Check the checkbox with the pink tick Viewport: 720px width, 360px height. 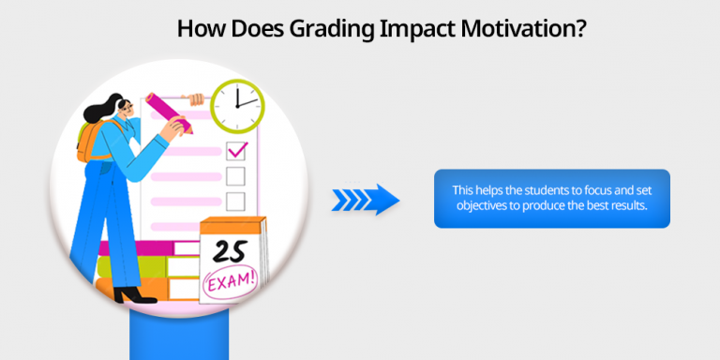pos(236,150)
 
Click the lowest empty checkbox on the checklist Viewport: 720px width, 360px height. pos(235,201)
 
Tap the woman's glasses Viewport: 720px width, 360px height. pos(120,108)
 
